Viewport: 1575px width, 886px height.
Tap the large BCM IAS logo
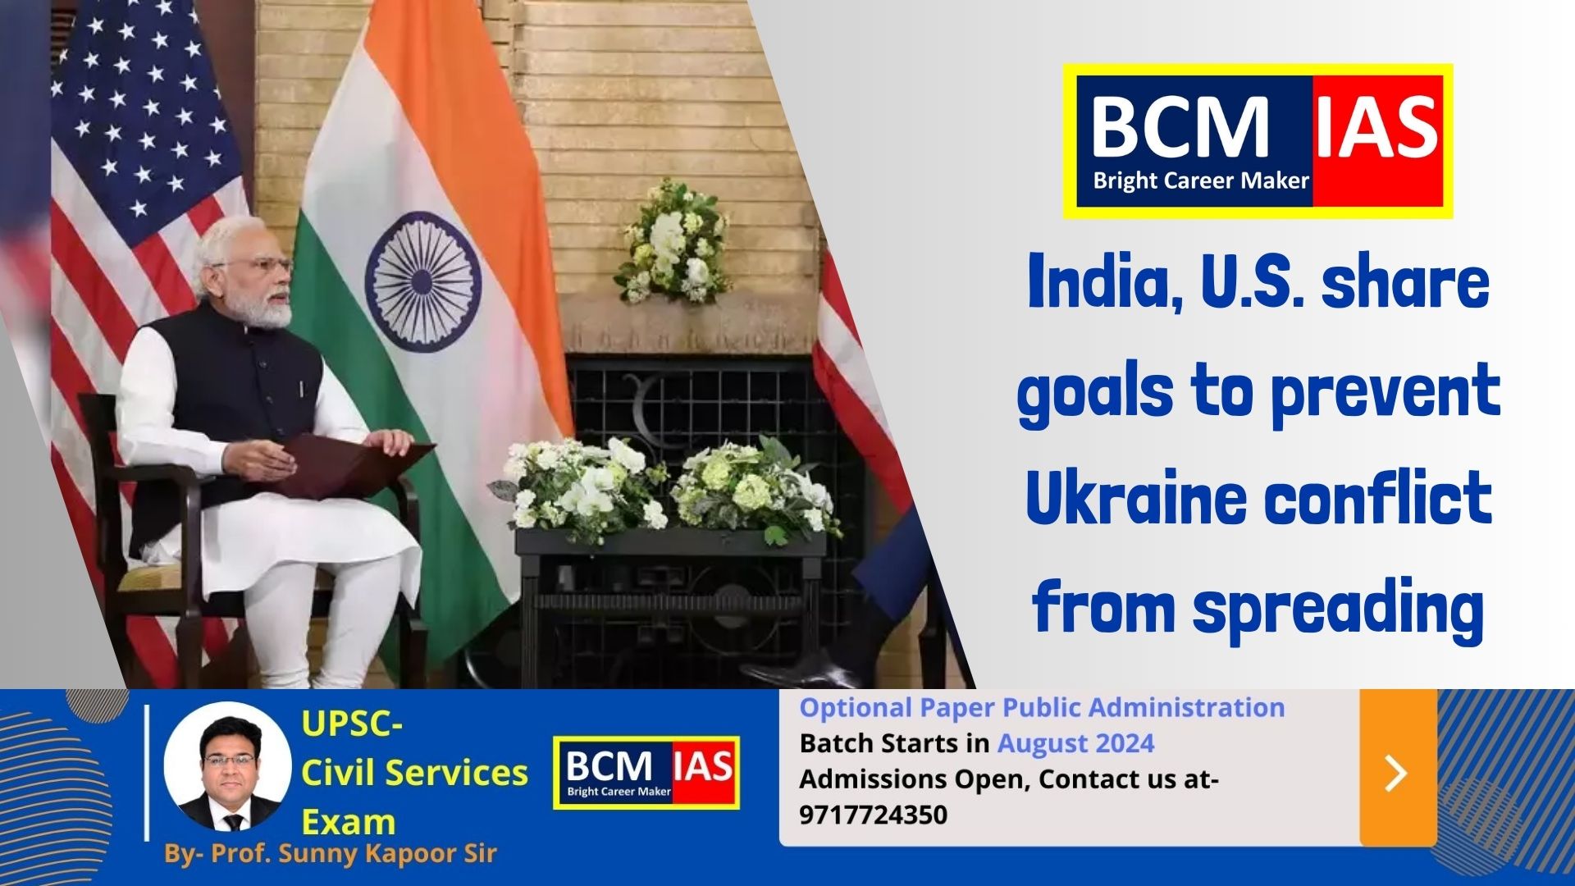(1258, 141)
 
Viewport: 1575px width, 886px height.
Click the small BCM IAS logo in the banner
(646, 773)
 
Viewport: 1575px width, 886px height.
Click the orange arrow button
(1398, 768)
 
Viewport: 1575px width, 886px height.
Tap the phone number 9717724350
(873, 815)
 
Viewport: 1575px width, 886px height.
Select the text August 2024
(1075, 743)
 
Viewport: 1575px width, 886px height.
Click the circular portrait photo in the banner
(227, 765)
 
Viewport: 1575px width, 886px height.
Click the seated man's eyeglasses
(261, 266)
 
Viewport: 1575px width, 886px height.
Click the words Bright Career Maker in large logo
(1200, 180)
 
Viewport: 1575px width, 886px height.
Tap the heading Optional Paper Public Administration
(1042, 707)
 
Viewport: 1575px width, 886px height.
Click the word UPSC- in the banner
(352, 724)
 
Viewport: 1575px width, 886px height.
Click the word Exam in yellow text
(349, 822)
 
